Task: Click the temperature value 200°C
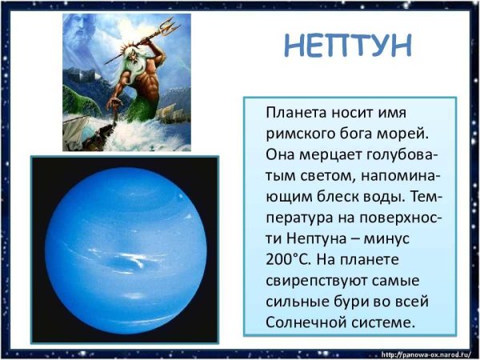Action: [x=286, y=259]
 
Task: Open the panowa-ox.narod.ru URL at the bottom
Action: [x=427, y=353]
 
